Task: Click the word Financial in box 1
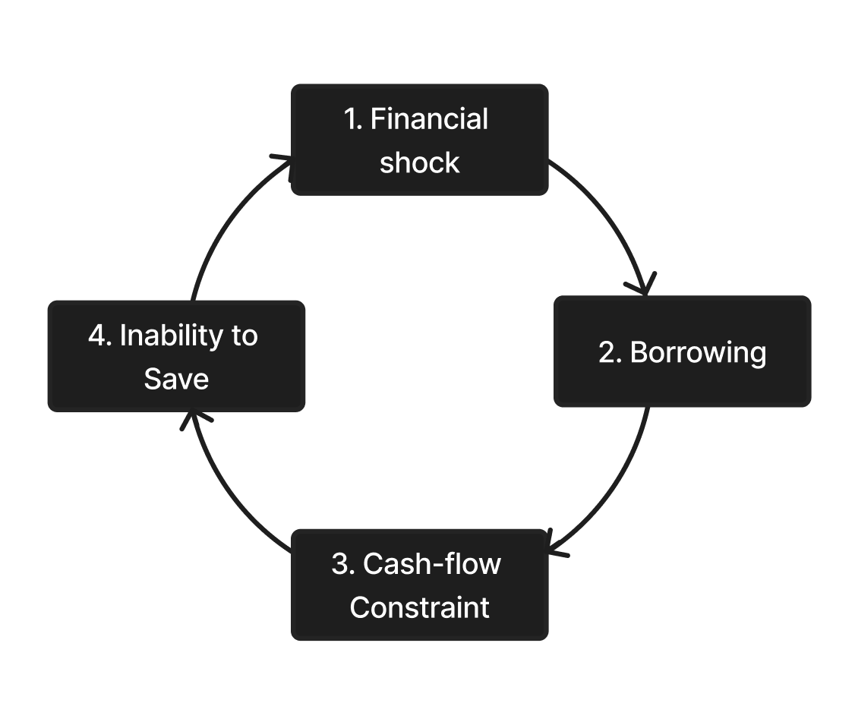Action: click(x=429, y=119)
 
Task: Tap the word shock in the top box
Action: click(x=419, y=162)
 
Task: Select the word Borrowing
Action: click(x=698, y=352)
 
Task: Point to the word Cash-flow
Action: click(x=432, y=563)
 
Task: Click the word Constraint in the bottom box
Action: click(x=419, y=607)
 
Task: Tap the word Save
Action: click(x=176, y=379)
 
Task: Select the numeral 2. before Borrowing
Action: click(x=610, y=352)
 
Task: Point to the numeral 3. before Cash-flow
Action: click(x=342, y=563)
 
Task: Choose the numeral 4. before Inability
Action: click(x=100, y=336)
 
